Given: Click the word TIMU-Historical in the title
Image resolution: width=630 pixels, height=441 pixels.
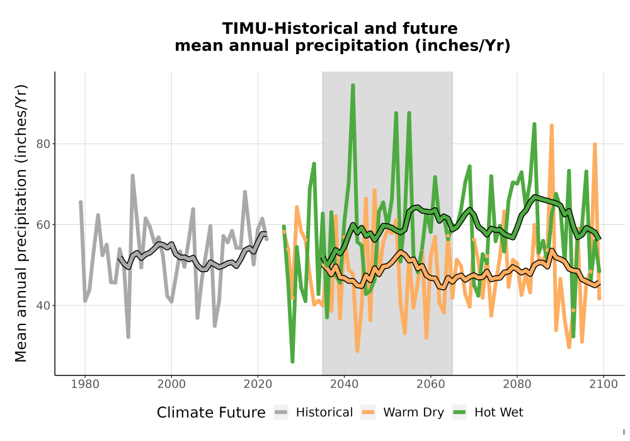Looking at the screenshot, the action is click(289, 29).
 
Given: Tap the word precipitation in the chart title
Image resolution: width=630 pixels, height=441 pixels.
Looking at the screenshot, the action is click(351, 46).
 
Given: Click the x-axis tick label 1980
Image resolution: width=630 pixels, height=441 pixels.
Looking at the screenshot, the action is click(85, 384).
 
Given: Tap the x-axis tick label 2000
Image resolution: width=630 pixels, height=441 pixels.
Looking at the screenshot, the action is click(171, 384).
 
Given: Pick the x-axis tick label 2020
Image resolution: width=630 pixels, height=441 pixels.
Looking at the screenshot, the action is click(258, 384).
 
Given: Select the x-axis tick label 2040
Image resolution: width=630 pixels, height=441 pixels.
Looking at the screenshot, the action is click(345, 384).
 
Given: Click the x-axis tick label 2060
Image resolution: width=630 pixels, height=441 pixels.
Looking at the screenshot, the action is click(430, 384).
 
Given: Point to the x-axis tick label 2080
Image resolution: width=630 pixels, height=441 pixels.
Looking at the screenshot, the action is click(517, 384).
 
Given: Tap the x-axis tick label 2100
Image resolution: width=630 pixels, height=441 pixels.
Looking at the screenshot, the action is click(604, 384).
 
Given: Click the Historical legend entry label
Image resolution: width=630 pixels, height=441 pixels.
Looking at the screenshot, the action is click(324, 413).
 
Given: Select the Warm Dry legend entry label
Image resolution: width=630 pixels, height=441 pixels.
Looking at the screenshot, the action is click(413, 413).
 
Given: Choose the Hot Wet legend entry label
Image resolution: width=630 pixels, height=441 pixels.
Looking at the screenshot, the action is click(498, 413).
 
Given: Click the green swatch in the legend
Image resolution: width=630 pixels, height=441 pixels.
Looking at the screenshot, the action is click(459, 412).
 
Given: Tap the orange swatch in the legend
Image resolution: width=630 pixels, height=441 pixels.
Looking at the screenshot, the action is click(368, 412).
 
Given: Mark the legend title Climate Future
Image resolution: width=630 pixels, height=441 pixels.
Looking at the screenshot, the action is click(211, 413).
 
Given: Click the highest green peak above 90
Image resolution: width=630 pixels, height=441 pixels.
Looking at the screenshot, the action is click(353, 85).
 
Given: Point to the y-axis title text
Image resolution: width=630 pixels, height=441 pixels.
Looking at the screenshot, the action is click(21, 223).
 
